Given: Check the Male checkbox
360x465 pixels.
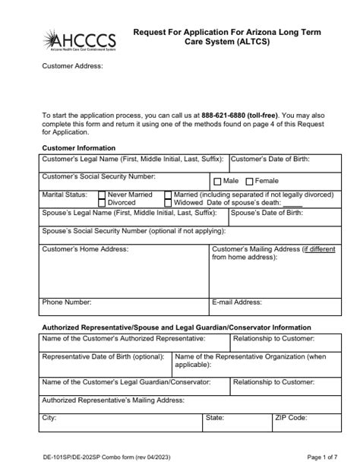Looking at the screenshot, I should click(217, 182).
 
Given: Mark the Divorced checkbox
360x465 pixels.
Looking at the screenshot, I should click(103, 204).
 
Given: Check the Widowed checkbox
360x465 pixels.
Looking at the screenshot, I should click(168, 204).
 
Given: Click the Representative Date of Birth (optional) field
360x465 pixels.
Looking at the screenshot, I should click(105, 365).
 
